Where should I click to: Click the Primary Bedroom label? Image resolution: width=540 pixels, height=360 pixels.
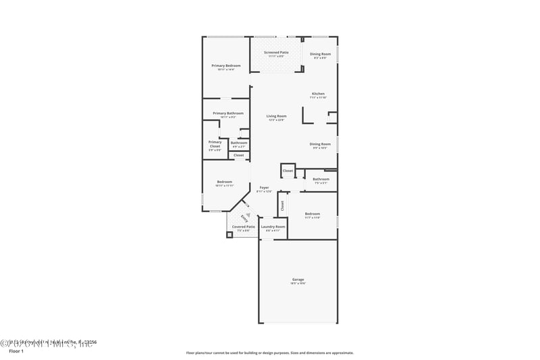(225, 66)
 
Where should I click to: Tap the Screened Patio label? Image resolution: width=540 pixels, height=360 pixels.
(276, 52)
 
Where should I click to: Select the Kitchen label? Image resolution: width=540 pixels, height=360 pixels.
(318, 94)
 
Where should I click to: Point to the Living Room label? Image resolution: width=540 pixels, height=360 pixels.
(276, 116)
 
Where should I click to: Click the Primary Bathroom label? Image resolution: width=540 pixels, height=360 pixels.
(227, 113)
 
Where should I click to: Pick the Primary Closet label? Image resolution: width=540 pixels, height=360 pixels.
(215, 144)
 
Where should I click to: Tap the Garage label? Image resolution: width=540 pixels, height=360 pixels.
(298, 280)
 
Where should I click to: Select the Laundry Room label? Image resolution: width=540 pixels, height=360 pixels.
(273, 227)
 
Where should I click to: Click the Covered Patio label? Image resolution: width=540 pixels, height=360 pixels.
(243, 227)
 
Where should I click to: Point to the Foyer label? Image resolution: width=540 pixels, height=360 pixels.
(264, 188)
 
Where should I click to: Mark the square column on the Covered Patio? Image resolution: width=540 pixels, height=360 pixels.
(230, 235)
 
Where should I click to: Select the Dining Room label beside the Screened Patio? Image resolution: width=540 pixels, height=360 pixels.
(320, 54)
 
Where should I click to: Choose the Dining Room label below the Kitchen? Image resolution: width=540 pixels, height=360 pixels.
(320, 144)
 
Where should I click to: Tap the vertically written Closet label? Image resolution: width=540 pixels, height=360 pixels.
(282, 205)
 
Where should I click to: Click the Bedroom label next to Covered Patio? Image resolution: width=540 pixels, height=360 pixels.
(224, 182)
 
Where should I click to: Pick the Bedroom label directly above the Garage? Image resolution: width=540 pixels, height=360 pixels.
(312, 214)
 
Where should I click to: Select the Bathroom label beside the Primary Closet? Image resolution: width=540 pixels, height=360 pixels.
(239, 143)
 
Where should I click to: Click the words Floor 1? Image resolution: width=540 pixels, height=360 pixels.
(16, 351)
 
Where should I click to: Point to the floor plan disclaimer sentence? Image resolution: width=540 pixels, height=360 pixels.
(269, 353)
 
